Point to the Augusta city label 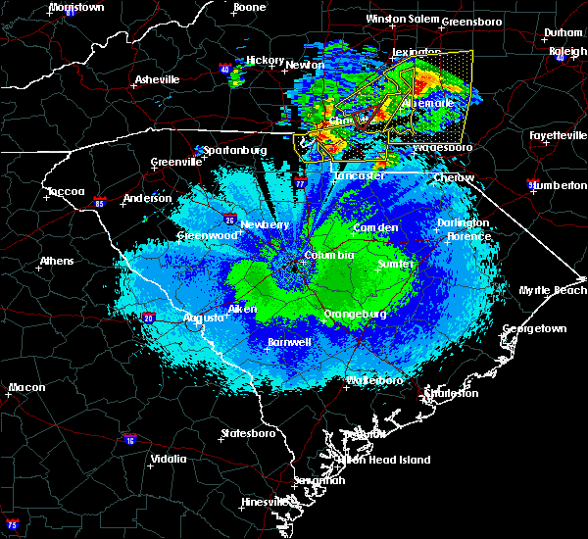205,318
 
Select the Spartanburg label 236,150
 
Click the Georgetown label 534,329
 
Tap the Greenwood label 208,236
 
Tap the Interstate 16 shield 129,440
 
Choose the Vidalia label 168,459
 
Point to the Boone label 249,8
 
